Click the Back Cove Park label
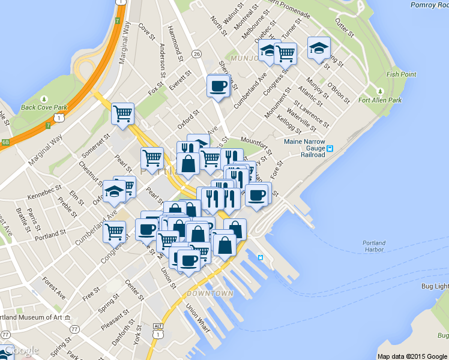[43, 108]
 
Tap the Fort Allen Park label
[380, 100]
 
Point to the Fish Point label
[401, 74]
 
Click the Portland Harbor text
[373, 246]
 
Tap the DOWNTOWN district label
[209, 293]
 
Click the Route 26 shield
[196, 54]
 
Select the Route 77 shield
[74, 329]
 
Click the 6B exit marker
[5, 142]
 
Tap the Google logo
[21, 350]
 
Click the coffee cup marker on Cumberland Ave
[217, 86]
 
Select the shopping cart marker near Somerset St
[122, 113]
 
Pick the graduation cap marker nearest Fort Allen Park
[319, 49]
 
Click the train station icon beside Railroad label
[330, 148]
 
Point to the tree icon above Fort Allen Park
[379, 91]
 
